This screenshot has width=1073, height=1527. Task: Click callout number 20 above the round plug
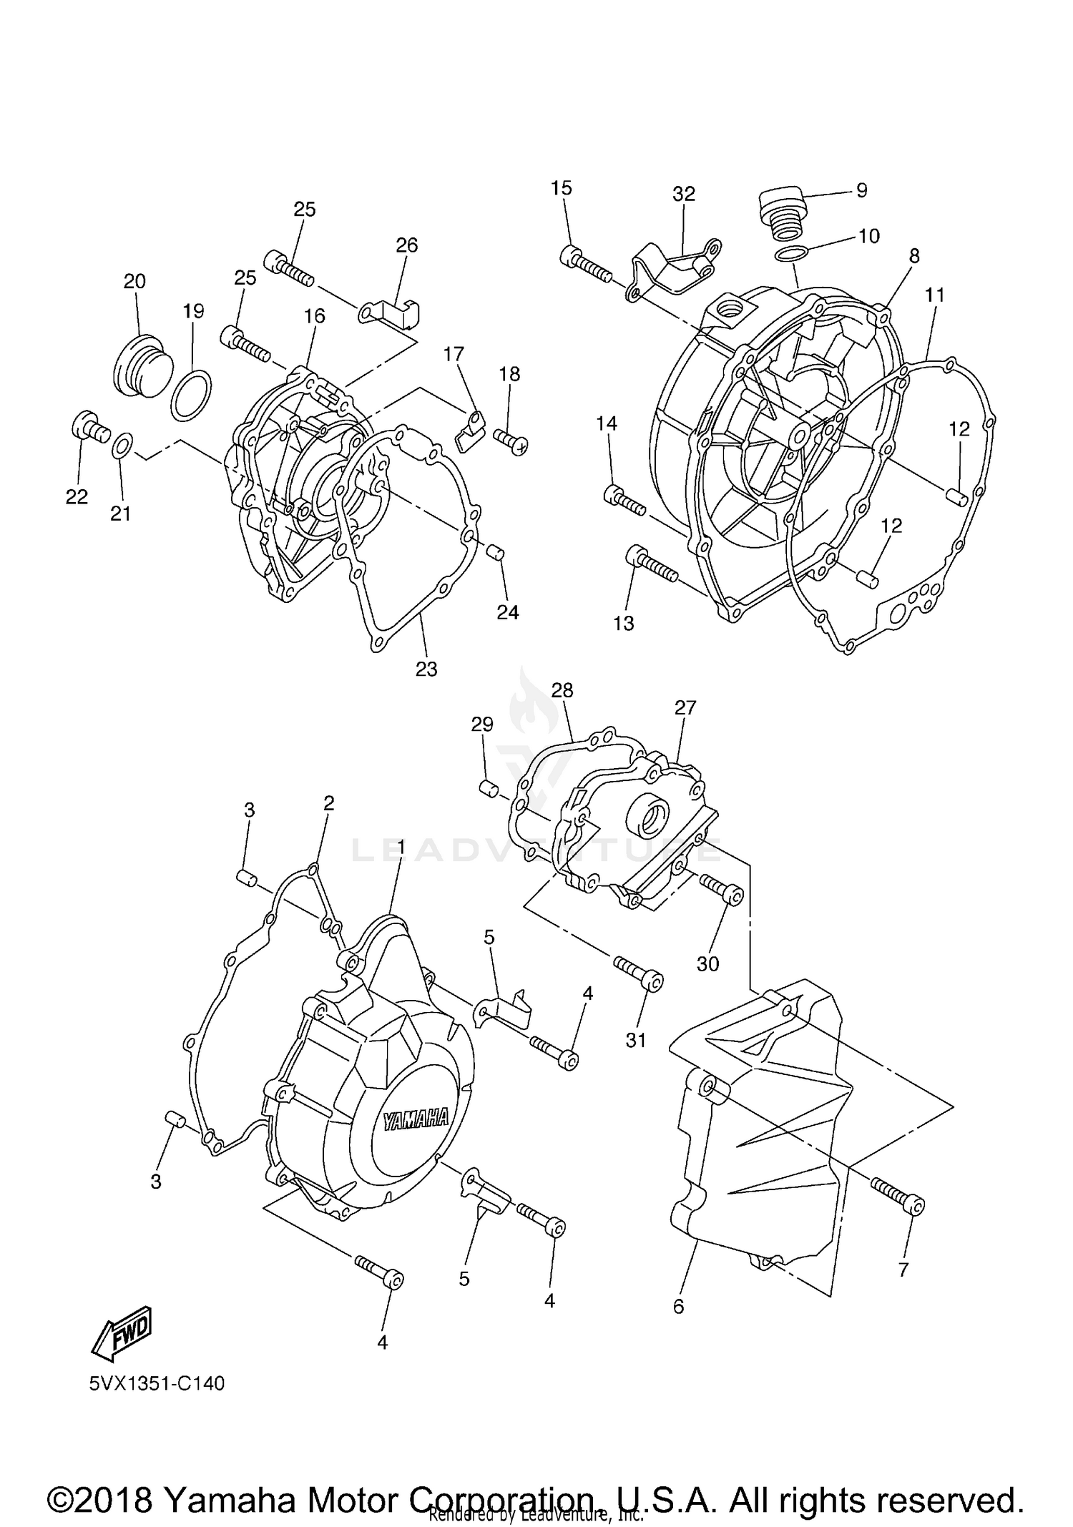pyautogui.click(x=134, y=281)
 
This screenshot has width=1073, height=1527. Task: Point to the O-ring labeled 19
pyautogui.click(x=191, y=396)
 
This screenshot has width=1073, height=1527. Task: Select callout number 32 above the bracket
pyautogui.click(x=684, y=194)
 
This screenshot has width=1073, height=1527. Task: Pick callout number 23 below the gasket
pyautogui.click(x=426, y=669)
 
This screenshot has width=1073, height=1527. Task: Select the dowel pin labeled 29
pyautogui.click(x=489, y=788)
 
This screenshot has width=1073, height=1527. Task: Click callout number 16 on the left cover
pyautogui.click(x=314, y=316)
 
